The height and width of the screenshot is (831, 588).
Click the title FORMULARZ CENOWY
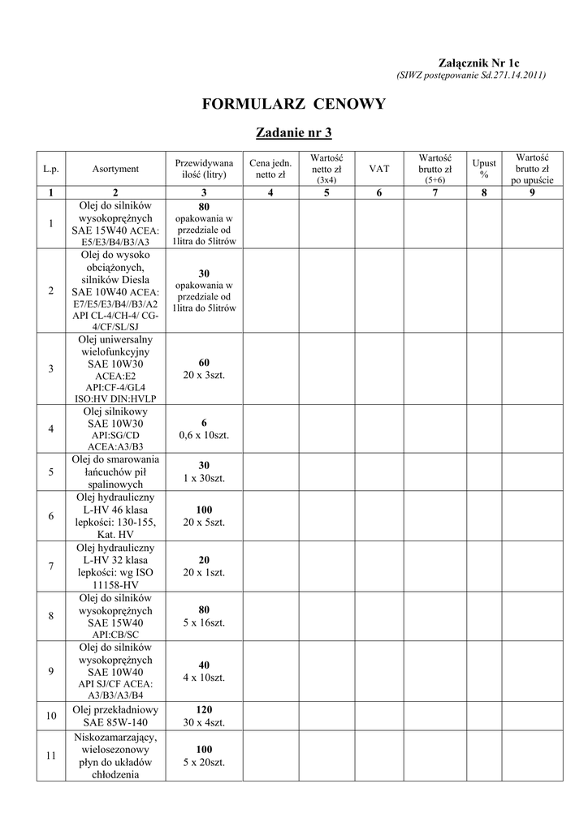[294, 104]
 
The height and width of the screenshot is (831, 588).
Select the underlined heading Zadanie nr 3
[294, 132]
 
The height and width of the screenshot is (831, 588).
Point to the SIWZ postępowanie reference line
[470, 75]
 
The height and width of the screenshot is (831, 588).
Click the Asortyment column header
[115, 169]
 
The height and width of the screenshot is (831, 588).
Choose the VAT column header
[379, 169]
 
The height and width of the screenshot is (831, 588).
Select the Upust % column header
[484, 169]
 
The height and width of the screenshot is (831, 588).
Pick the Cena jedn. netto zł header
[270, 169]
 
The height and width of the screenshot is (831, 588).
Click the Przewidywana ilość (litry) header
[204, 169]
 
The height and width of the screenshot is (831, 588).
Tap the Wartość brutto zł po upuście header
[532, 169]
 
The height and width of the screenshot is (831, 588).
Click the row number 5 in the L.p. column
[51, 471]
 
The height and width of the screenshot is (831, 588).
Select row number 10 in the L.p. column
[51, 716]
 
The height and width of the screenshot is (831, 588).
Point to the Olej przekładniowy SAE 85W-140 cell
[115, 716]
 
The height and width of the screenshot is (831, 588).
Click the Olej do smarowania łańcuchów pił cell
[115, 471]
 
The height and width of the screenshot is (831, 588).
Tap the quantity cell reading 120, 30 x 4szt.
[204, 716]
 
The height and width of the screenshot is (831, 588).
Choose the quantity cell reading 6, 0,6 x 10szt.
[204, 429]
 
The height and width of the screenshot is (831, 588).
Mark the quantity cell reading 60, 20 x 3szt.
[204, 368]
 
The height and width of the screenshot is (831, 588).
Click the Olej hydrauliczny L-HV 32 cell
[115, 566]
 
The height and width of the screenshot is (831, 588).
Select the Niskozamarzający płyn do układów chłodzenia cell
[115, 756]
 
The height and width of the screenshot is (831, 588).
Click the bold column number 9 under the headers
[532, 192]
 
